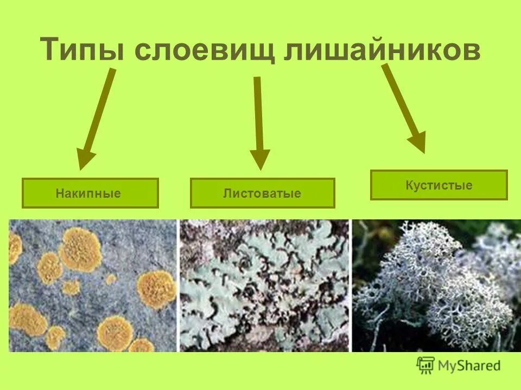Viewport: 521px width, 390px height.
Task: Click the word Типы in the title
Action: pyautogui.click(x=84, y=50)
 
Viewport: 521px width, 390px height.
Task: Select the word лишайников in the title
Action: pyautogui.click(x=383, y=50)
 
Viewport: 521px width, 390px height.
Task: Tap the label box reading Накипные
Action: pyautogui.click(x=90, y=193)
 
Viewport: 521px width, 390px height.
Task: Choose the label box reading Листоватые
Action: pyautogui.click(x=262, y=193)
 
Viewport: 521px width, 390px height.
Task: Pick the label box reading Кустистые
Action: pyautogui.click(x=439, y=185)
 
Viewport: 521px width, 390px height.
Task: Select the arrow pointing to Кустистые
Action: pyautogui.click(x=404, y=108)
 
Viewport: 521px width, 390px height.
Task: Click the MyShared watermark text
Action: pyautogui.click(x=470, y=366)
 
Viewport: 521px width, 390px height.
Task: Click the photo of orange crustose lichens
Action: pyautogui.click(x=93, y=285)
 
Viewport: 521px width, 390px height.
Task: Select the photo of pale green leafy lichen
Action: pyautogui.click(x=264, y=285)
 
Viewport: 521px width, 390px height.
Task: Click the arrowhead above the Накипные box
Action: pyautogui.click(x=85, y=160)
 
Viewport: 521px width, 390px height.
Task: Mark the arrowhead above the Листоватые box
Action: pyautogui.click(x=260, y=160)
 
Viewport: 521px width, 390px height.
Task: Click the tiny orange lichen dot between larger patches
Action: pyautogui.click(x=111, y=279)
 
